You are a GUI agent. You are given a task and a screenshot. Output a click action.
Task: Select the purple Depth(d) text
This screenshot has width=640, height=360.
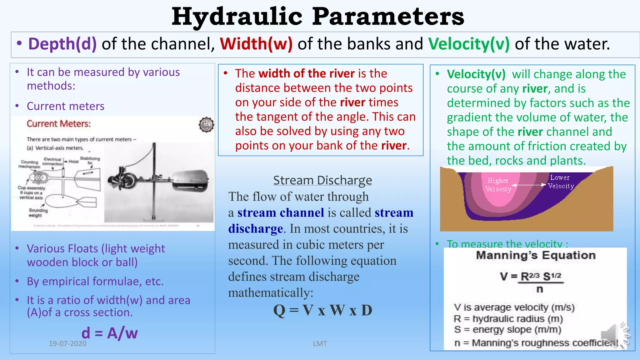62,44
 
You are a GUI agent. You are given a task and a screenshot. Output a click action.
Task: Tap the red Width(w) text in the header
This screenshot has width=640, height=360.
256,44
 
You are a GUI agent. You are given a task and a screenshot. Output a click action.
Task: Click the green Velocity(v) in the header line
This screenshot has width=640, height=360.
469,44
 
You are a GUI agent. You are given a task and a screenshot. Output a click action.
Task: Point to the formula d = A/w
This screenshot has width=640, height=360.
109,333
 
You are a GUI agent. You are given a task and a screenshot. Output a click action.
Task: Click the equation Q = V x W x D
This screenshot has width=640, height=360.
322,310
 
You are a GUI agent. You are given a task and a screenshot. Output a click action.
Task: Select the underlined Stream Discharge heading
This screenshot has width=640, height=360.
322,180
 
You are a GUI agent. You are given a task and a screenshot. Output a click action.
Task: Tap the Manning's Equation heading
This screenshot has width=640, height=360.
536,255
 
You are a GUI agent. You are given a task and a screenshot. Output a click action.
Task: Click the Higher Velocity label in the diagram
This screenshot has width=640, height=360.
498,185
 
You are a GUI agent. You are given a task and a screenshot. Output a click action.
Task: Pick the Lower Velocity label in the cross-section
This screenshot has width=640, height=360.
561,182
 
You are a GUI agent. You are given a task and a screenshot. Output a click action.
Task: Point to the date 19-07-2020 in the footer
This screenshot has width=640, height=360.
67,344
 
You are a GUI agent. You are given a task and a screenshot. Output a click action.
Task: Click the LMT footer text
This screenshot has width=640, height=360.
320,344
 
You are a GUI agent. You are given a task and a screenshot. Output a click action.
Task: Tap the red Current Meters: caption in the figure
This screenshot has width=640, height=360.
59,124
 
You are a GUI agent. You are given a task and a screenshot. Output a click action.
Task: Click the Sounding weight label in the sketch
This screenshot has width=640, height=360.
38,213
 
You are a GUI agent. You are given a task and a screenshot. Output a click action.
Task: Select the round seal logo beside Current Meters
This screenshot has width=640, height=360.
206,125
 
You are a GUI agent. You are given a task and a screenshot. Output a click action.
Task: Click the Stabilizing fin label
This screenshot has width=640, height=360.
90,160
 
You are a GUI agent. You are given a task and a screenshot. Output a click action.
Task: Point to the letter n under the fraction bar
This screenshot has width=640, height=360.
540,289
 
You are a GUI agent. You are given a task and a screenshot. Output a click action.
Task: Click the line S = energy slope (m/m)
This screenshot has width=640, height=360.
507,330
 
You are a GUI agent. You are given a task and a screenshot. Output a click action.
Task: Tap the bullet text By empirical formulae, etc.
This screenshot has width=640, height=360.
95,282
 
